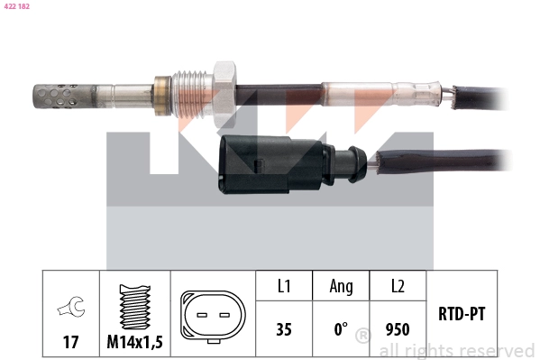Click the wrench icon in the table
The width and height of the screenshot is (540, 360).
(70, 309)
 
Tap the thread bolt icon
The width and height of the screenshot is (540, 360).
(134, 307)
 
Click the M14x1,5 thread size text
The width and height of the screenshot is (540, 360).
(134, 343)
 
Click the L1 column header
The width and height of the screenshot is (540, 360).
(284, 287)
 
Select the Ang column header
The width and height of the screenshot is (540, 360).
(341, 287)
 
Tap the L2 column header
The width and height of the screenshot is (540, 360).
(397, 287)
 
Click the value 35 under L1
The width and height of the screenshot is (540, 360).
(284, 329)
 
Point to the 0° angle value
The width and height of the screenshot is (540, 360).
(340, 329)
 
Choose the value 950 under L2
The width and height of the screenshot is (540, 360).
(397, 329)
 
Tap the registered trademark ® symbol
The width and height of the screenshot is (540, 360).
(362, 337)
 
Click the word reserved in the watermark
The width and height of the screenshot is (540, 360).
(498, 350)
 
